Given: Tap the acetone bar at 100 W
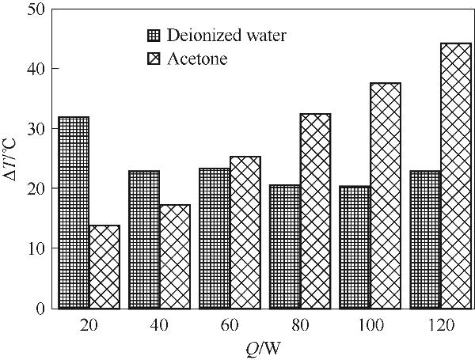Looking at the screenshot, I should [386, 195].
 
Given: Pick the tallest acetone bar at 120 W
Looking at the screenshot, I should [455, 176].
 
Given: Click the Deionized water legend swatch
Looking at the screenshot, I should [154, 36].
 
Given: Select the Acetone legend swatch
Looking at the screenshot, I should [154, 59].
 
